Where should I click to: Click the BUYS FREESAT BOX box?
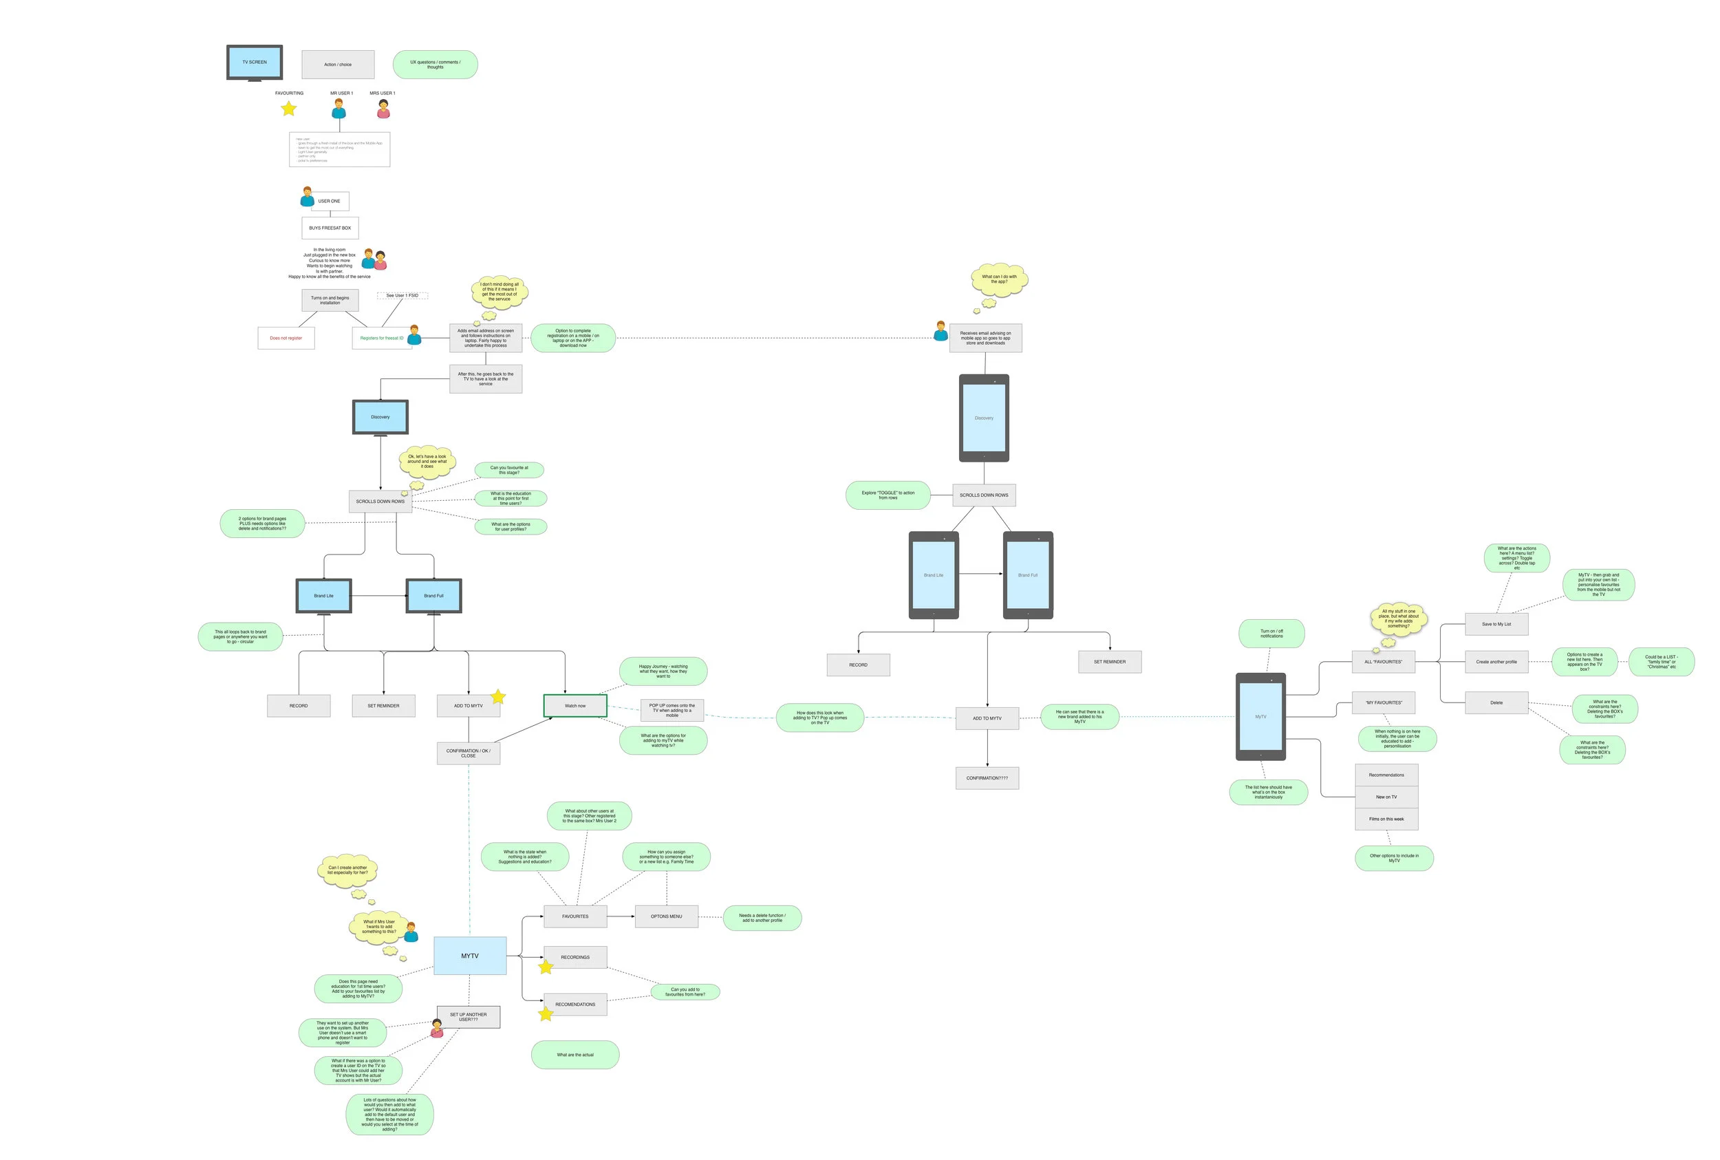point(330,228)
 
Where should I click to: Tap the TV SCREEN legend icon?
point(255,62)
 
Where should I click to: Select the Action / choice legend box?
point(338,65)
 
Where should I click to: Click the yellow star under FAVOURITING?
point(288,109)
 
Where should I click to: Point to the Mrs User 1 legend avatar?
point(383,109)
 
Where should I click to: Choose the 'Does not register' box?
point(286,338)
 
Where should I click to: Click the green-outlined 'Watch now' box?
point(574,706)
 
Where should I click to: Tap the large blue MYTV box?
point(470,956)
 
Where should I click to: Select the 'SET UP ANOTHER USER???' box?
point(469,1017)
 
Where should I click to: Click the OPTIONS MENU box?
point(667,916)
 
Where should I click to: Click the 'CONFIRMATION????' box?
point(987,778)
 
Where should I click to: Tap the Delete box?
point(1496,702)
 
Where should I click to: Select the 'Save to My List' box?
point(1496,625)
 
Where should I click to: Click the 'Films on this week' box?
point(1386,819)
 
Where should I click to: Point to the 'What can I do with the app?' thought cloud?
point(999,279)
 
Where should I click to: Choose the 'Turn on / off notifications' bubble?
point(1271,634)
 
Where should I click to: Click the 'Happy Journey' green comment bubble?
point(663,671)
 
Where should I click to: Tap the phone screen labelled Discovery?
point(984,418)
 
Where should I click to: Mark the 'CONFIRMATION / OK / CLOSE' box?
point(469,753)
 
